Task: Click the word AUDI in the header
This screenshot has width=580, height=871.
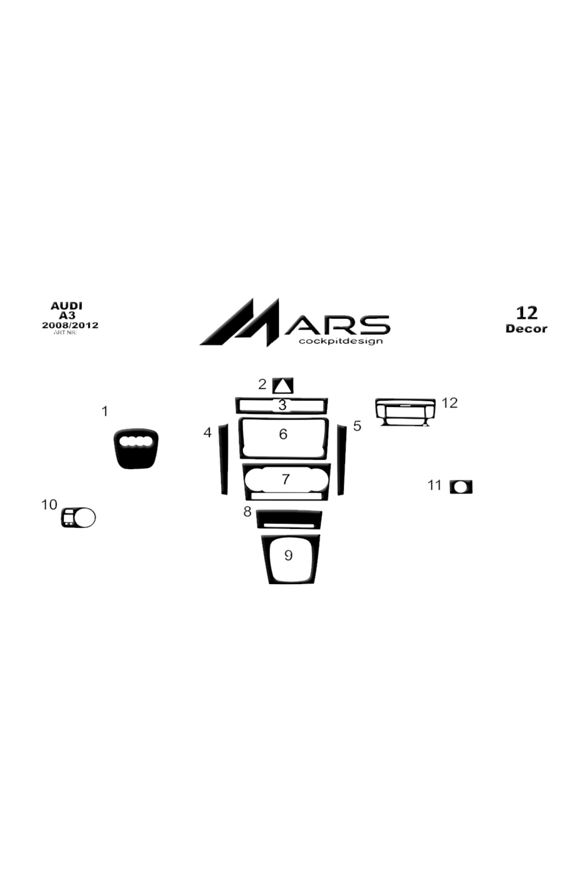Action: coord(67,306)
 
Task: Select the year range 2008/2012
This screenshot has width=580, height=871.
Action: coord(70,325)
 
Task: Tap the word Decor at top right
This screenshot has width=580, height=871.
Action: coord(526,329)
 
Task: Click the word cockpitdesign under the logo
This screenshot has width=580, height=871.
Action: coord(341,341)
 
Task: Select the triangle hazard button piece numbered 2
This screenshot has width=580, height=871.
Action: coord(283,386)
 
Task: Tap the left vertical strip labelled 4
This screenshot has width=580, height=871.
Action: coord(223,459)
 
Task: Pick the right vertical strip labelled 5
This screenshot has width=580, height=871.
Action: coord(342,459)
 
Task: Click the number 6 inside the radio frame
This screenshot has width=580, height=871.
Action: coord(283,434)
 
